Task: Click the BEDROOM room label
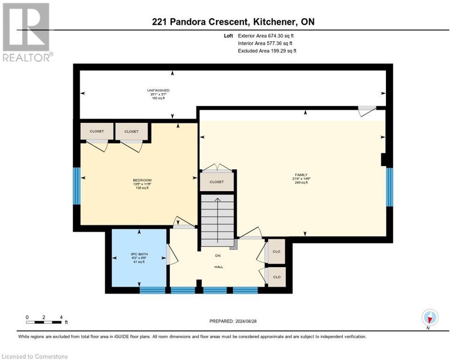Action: pyautogui.click(x=142, y=180)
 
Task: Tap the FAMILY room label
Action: pyautogui.click(x=298, y=175)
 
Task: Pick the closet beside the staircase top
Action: pyautogui.click(x=217, y=182)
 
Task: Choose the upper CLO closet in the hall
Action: pyautogui.click(x=276, y=252)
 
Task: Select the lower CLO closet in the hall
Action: pyautogui.click(x=276, y=277)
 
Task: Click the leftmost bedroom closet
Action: pyautogui.click(x=97, y=131)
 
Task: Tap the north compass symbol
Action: pyautogui.click(x=429, y=318)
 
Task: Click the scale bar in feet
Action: pyautogui.click(x=44, y=322)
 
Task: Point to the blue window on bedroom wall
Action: pyautogui.click(x=76, y=186)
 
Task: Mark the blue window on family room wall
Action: pyautogui.click(x=389, y=187)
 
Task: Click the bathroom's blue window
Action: pyautogui.click(x=153, y=290)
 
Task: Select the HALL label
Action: pyautogui.click(x=218, y=267)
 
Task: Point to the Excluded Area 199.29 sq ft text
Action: pyautogui.click(x=267, y=51)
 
